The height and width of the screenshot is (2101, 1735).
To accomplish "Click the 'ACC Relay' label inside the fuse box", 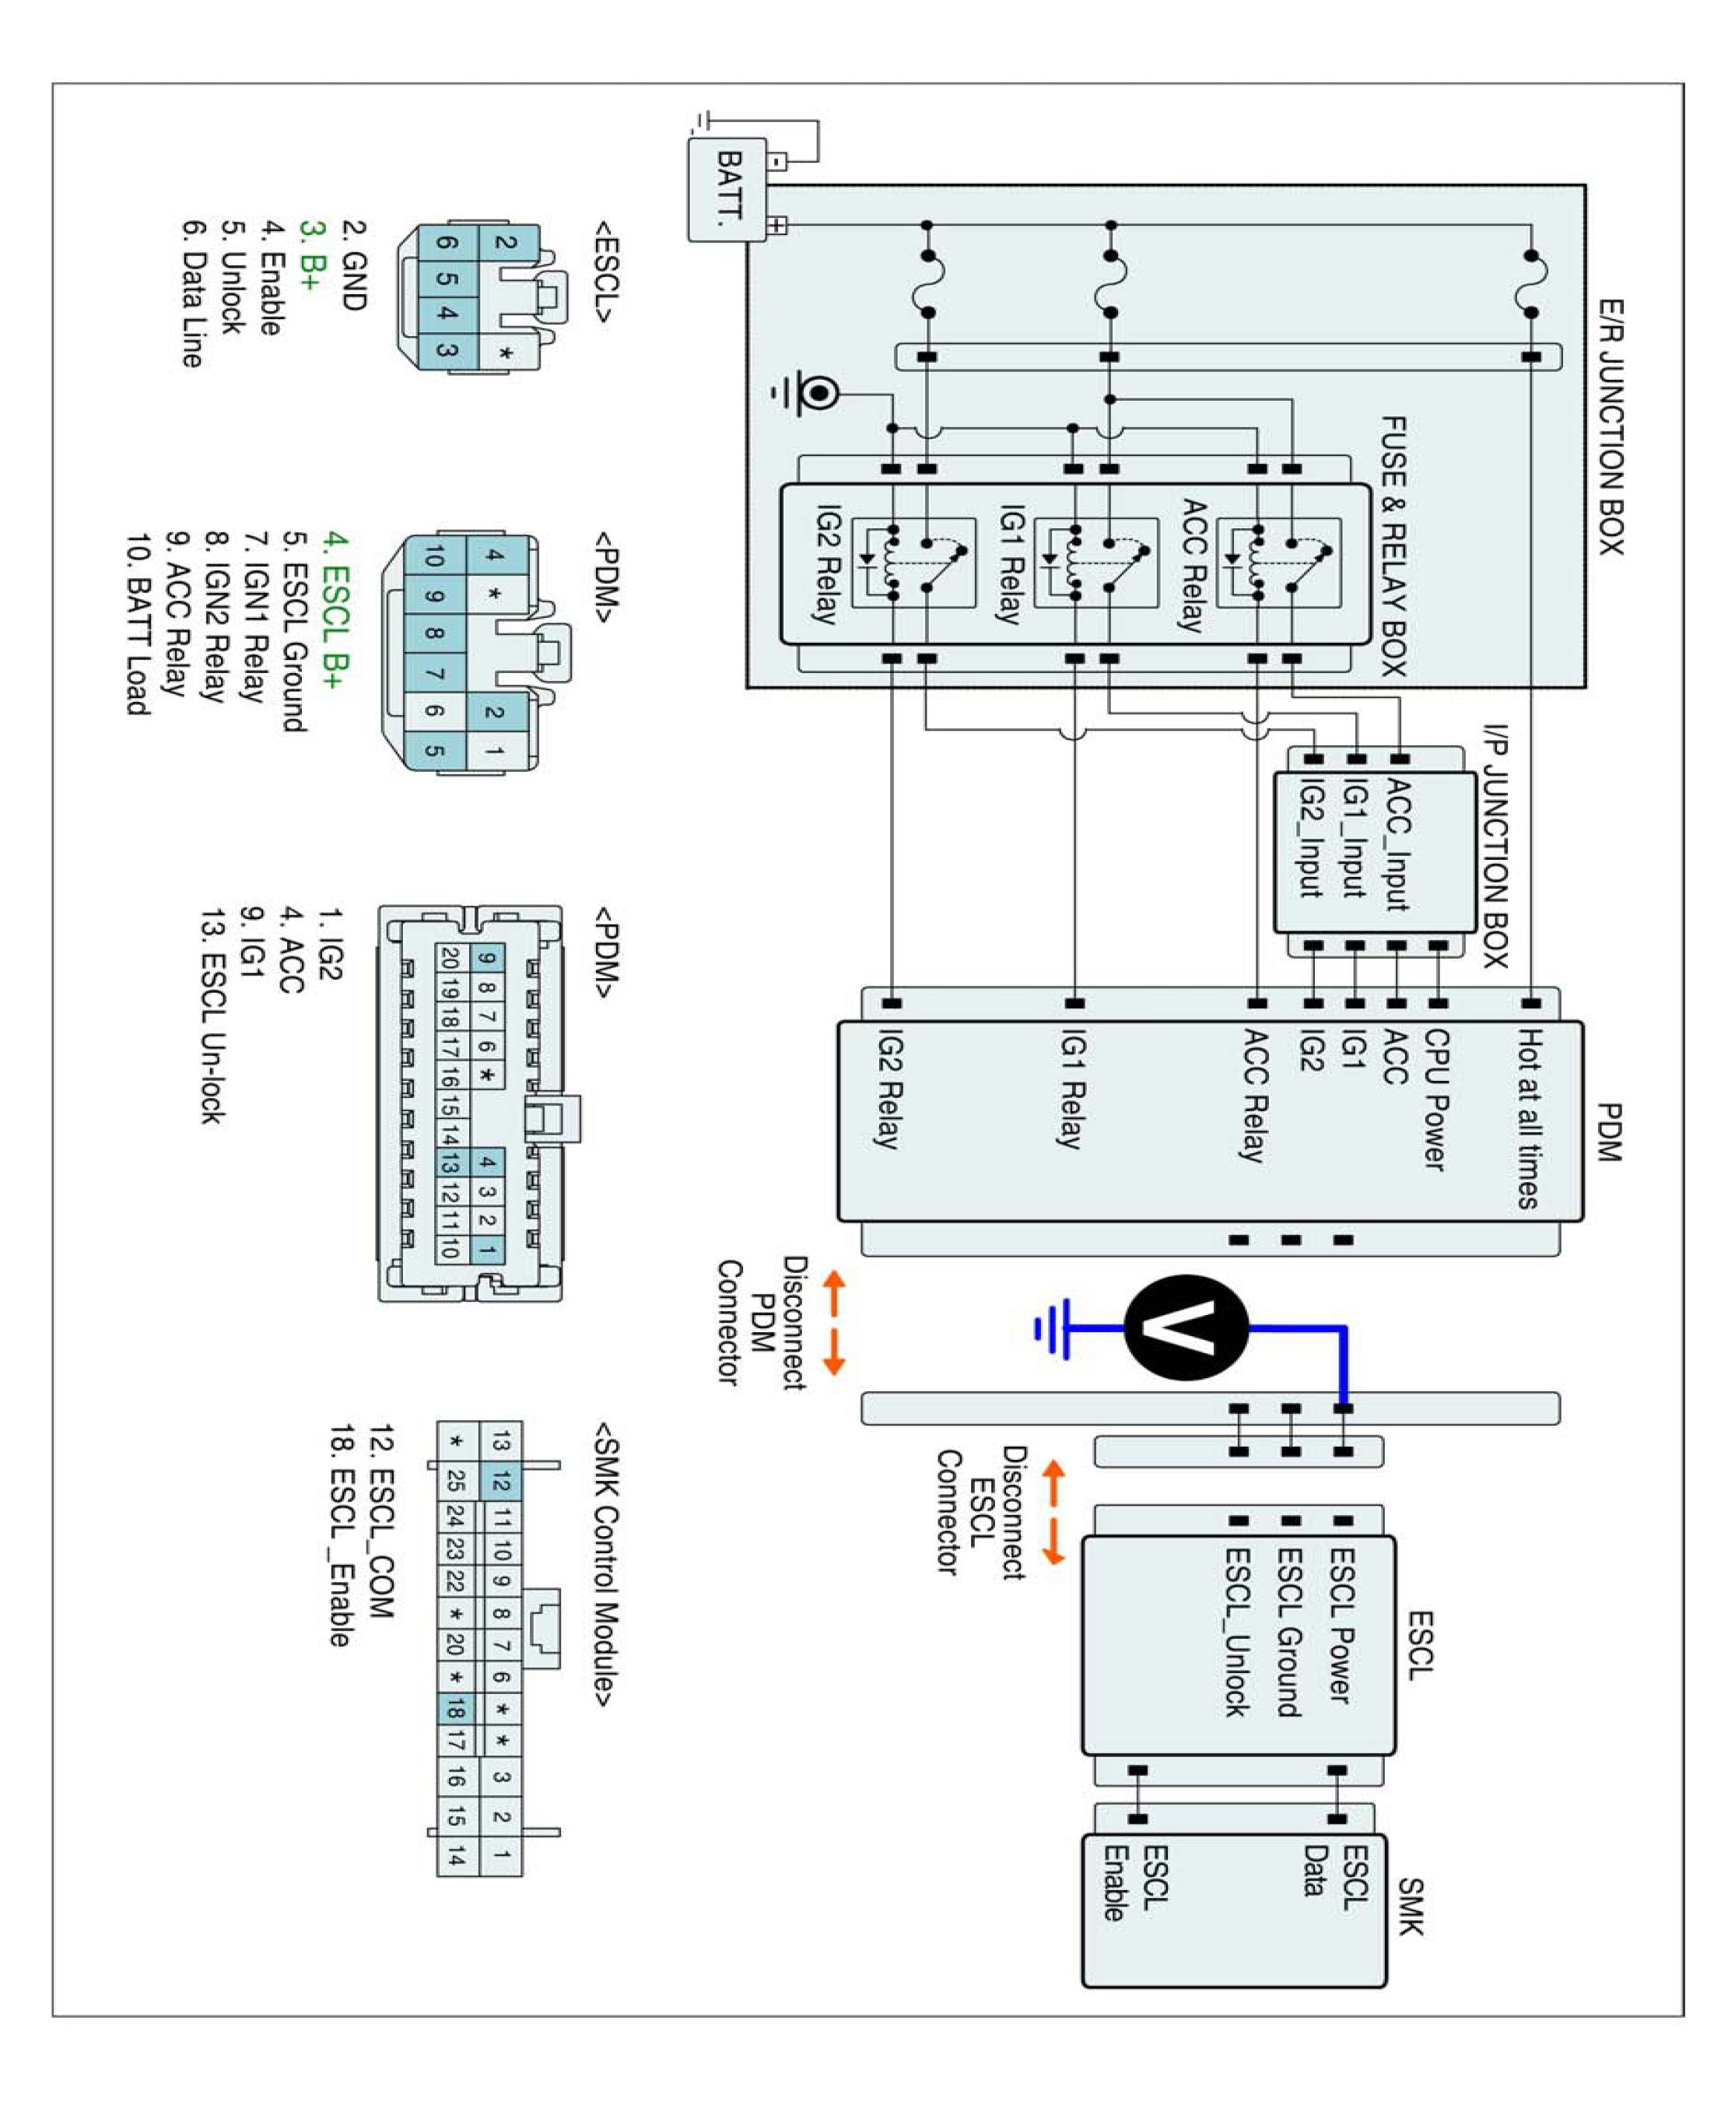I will pos(1191,565).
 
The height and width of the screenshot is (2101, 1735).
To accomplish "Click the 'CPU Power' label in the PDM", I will pos(1435,1100).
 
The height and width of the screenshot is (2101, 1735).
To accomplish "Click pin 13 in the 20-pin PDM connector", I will pos(449,1163).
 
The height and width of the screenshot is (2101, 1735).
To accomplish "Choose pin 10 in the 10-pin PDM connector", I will pos(433,556).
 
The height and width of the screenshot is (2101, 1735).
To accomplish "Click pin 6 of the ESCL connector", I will pos(447,243).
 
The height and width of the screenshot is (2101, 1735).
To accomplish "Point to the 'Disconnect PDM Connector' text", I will pos(762,1322).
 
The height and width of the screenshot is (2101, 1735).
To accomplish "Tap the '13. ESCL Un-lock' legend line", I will pos(212,1015).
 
